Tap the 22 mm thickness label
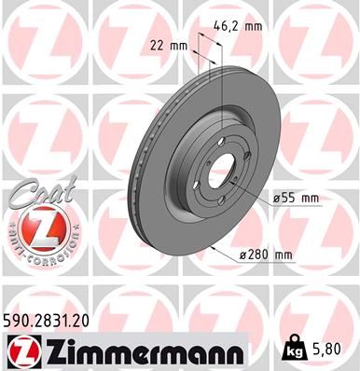pos(171,44)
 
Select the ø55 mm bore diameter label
pos(296,199)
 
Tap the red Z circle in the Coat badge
pos(35,228)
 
